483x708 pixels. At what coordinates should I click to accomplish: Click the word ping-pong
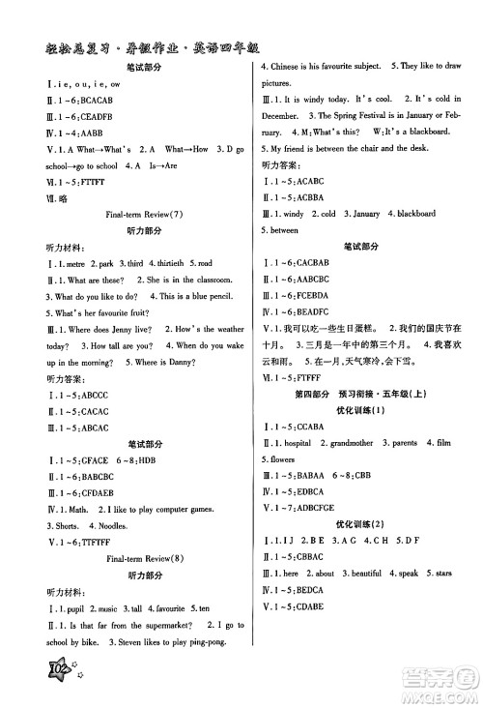(x=223, y=641)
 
